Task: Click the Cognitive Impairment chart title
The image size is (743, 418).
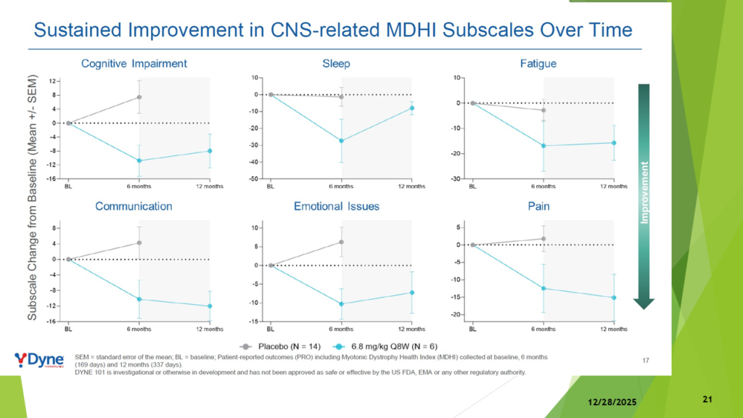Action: pos(134,64)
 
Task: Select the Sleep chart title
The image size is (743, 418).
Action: pos(336,64)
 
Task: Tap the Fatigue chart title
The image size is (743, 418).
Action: pos(538,64)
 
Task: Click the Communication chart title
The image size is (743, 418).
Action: pos(134,206)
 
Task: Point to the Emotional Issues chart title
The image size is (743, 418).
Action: pos(336,206)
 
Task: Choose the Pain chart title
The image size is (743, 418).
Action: pos(538,206)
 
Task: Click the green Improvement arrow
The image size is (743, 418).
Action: pos(644,196)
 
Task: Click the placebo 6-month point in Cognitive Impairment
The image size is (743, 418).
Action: pos(139,97)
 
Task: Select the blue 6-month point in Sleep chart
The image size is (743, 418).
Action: pos(341,141)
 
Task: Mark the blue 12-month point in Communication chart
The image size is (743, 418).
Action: pos(210,306)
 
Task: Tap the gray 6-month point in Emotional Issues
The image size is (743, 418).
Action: pos(341,242)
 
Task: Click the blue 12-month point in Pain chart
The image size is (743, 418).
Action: pos(614,298)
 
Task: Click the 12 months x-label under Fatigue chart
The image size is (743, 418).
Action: pos(614,187)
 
